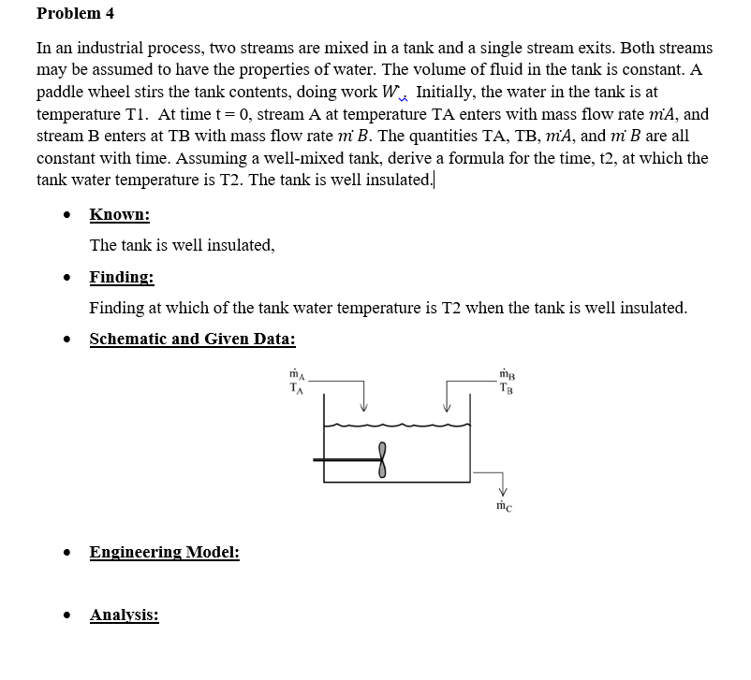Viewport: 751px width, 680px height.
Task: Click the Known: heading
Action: point(119,215)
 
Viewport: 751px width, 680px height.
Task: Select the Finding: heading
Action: point(122,277)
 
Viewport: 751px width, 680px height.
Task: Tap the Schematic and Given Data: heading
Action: point(192,339)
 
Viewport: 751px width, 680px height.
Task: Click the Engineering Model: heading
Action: point(164,552)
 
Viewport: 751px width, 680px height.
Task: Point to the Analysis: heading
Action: point(124,615)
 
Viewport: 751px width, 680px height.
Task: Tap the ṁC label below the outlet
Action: point(504,506)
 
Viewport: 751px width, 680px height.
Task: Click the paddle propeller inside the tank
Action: point(381,459)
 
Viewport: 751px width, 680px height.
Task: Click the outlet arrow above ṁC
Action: point(502,487)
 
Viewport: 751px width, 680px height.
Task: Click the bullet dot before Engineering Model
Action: point(67,553)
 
